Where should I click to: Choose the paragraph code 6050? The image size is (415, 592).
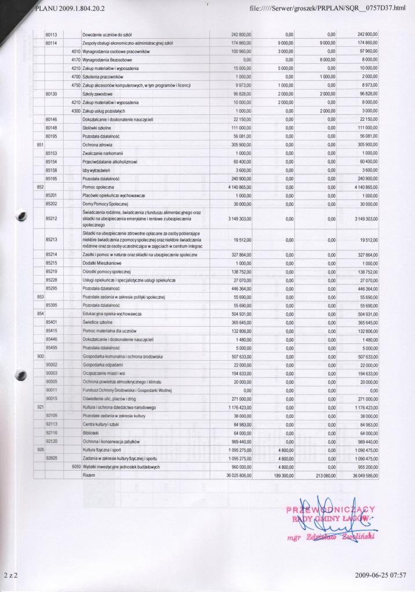(x=75, y=466)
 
